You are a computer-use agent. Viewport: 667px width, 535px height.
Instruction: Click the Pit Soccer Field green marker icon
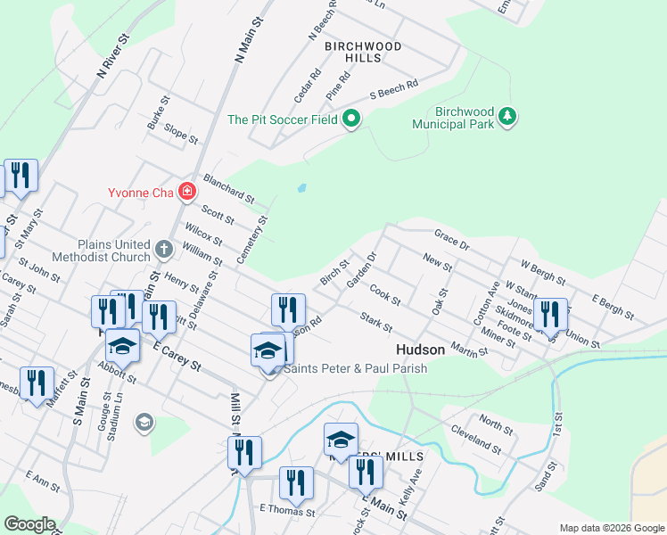coord(351,119)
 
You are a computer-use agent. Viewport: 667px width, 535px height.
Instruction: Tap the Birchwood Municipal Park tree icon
coord(507,117)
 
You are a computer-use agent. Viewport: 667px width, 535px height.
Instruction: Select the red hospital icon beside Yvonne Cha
coord(187,190)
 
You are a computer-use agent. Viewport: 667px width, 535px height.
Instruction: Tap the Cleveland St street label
coord(476,440)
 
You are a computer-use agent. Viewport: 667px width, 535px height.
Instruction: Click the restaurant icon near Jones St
coord(551,314)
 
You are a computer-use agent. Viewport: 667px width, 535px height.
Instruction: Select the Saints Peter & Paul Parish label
coord(355,368)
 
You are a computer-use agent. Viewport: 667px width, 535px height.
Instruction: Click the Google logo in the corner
coord(29,524)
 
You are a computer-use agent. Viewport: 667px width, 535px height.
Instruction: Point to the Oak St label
coord(440,300)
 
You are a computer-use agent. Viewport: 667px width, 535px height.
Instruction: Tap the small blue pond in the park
coord(302,188)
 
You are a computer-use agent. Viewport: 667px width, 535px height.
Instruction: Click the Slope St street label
coord(181,135)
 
